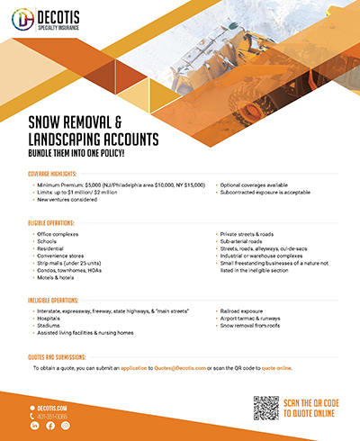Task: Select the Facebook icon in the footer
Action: pos(50,426)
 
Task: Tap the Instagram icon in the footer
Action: pos(65,426)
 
